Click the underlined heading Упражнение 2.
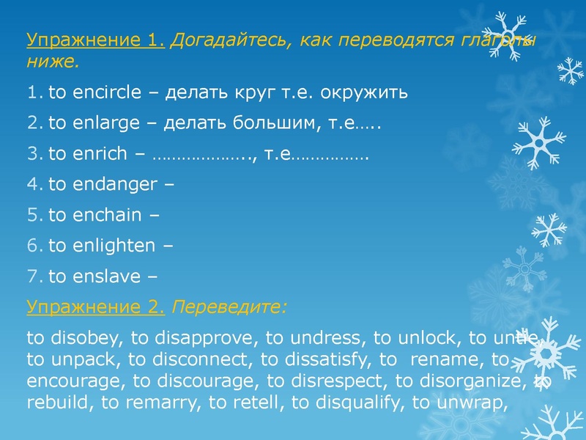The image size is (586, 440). click(x=95, y=308)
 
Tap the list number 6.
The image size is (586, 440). click(x=33, y=246)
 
